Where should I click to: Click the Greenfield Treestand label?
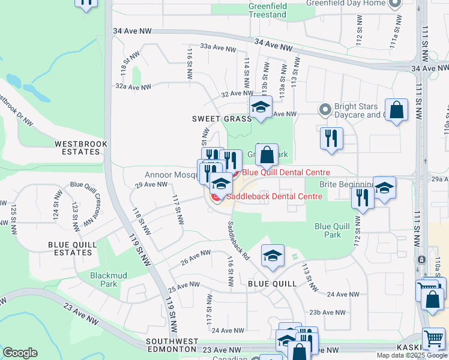267,10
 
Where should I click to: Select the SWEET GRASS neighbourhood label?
221,119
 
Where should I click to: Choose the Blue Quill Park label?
328,230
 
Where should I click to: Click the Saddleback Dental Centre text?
273,196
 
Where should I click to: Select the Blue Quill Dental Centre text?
286,172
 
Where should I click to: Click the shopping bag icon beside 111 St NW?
396,110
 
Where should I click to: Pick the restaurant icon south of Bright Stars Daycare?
331,139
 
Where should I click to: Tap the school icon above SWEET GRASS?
260,107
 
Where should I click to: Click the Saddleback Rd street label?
238,241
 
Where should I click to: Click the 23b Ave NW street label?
327,313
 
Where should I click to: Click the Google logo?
19,353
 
